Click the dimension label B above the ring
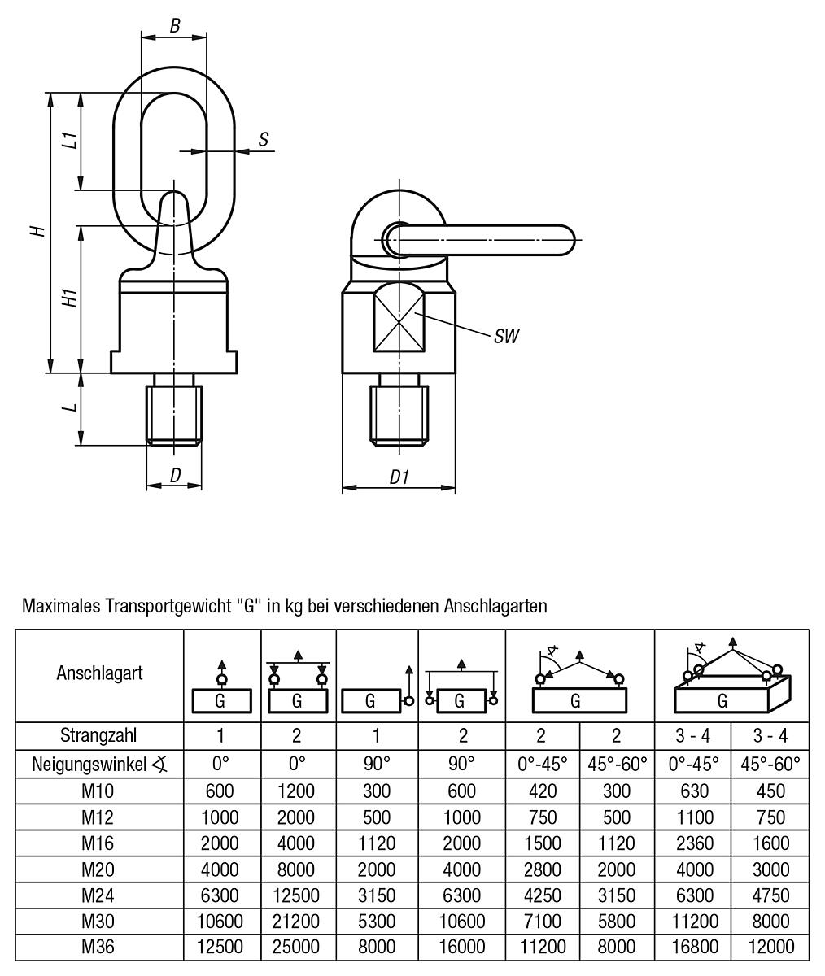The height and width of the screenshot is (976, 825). click(174, 25)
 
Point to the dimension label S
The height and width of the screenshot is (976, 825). click(264, 140)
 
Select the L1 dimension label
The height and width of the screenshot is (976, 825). click(71, 140)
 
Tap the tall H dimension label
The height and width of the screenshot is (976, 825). click(37, 231)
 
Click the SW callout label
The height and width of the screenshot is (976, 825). click(506, 336)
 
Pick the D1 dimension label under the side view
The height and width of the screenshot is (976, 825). click(398, 477)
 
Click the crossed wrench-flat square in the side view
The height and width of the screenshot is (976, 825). click(398, 322)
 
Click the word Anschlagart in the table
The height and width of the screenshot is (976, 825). click(99, 673)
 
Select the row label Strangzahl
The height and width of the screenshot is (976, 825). click(99, 735)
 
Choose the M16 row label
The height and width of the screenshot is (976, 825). click(99, 843)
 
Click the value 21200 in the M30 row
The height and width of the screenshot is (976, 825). click(296, 921)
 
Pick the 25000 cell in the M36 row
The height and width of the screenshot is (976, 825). click(296, 947)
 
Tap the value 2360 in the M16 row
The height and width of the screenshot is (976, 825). click(693, 843)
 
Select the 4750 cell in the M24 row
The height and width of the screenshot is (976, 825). click(770, 895)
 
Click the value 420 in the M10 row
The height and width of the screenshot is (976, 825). click(540, 791)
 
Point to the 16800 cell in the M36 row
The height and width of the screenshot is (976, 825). click(693, 947)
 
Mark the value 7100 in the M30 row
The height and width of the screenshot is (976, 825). click(540, 921)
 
